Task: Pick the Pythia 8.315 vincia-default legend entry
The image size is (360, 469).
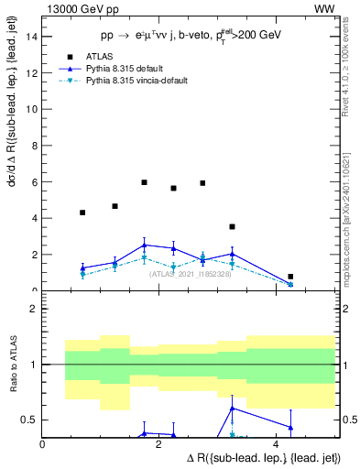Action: pos(130,81)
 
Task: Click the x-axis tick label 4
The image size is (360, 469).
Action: pos(275,444)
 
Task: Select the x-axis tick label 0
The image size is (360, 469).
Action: pos(43,444)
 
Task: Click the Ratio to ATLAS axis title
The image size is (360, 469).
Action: pos(13,365)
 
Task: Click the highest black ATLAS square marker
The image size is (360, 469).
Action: pos(144,182)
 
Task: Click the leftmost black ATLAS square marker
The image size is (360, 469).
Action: pos(82,213)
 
